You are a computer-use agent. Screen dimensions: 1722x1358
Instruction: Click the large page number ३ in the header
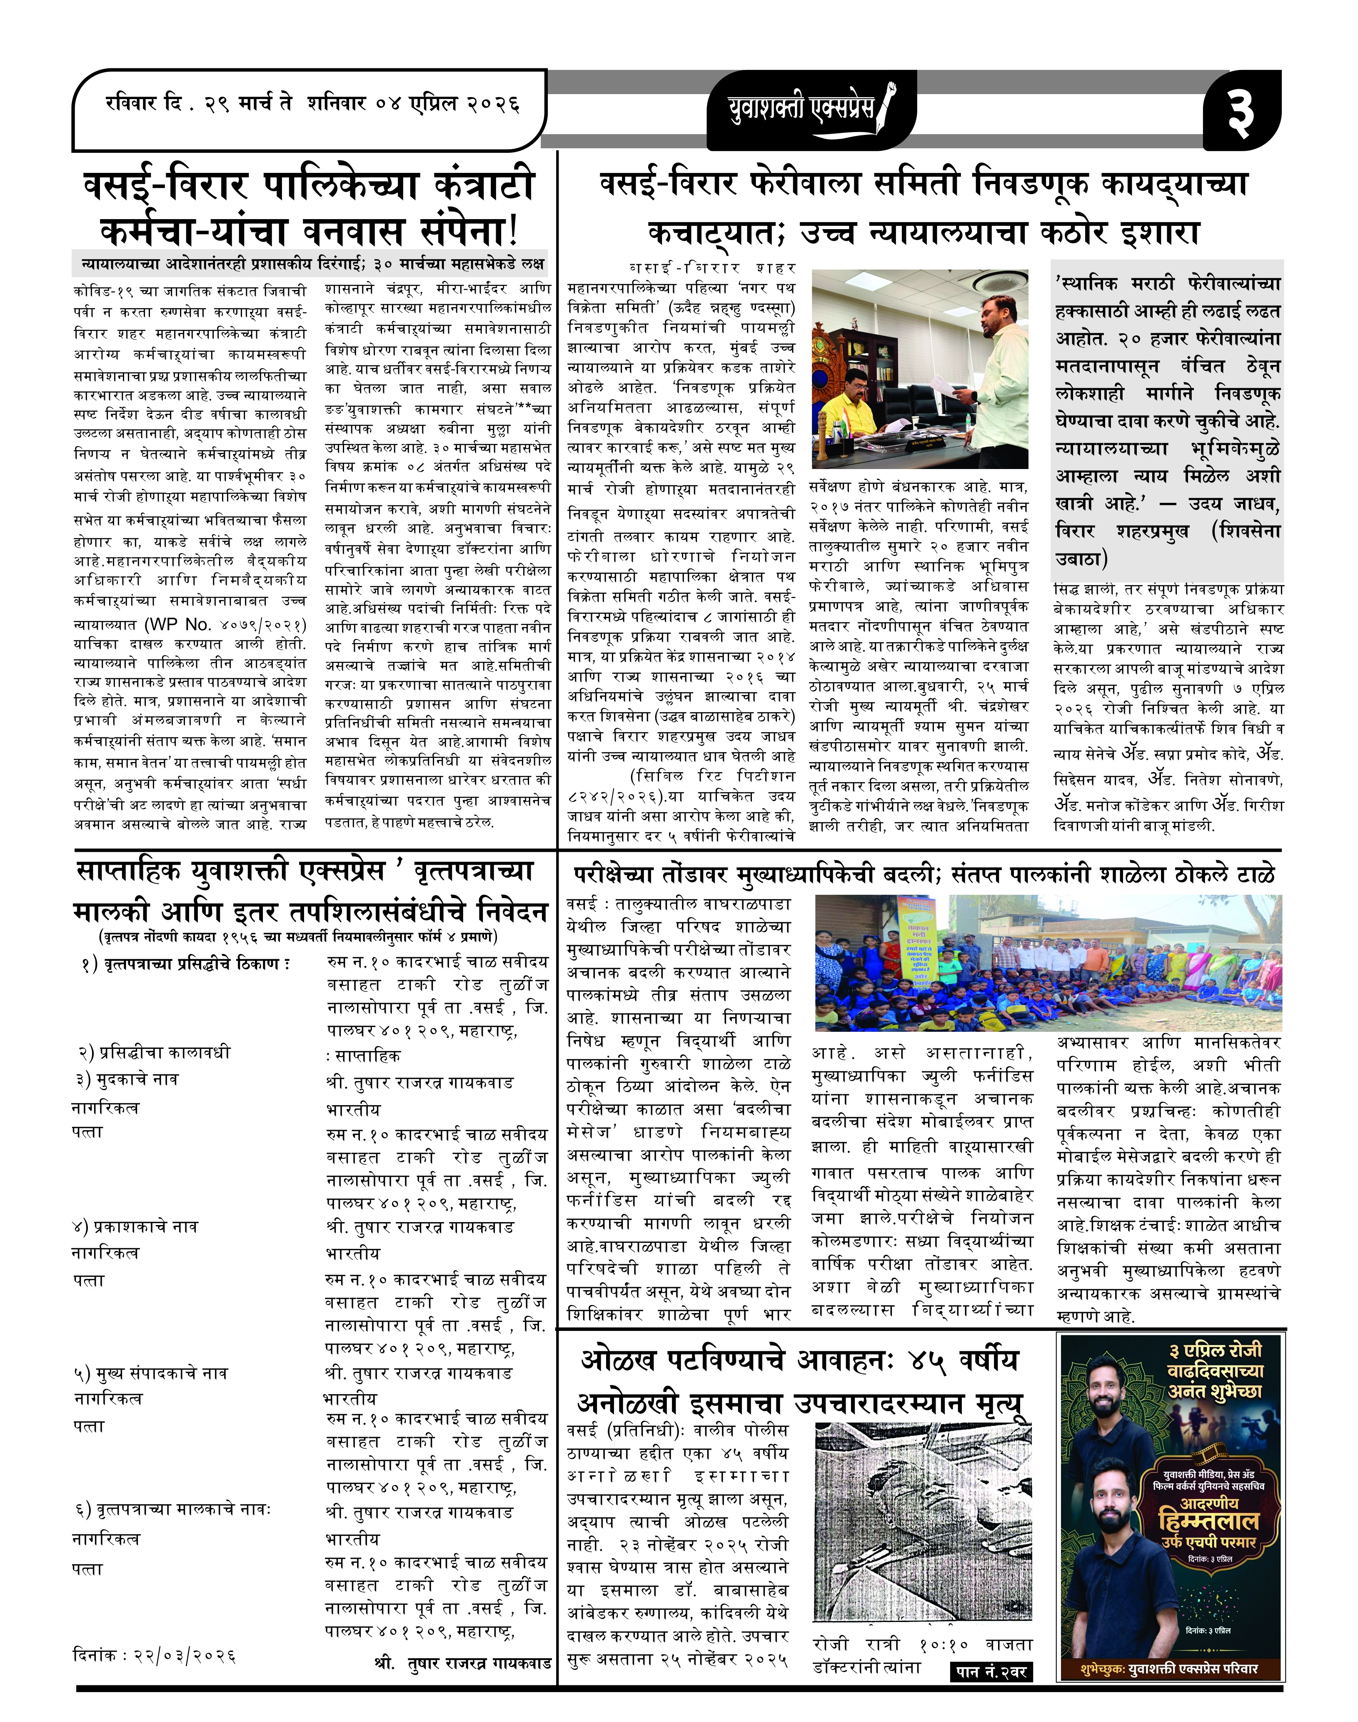pyautogui.click(x=1241, y=111)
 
